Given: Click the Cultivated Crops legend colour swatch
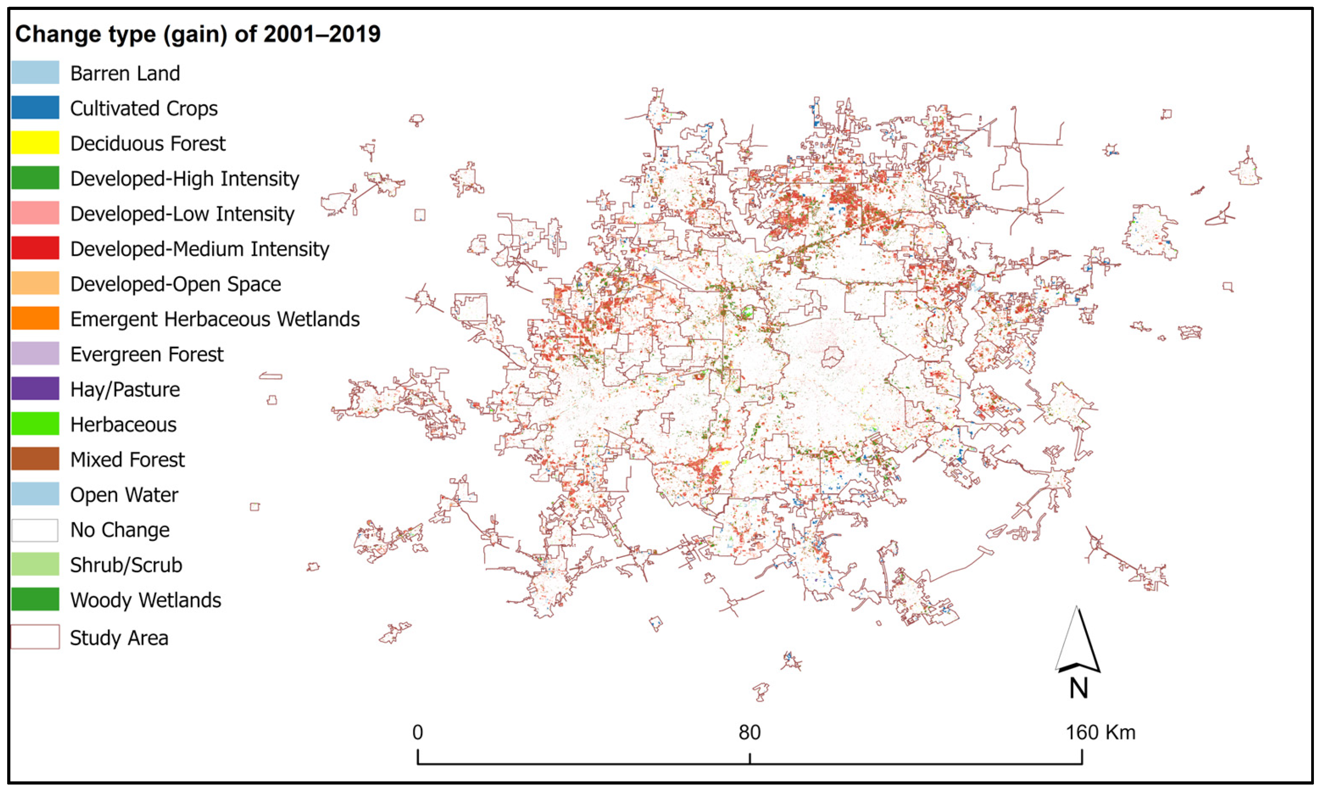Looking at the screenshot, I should click(x=35, y=108).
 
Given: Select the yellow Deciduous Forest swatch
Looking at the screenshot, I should click(x=35, y=143).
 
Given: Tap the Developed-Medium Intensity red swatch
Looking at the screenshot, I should click(x=35, y=248).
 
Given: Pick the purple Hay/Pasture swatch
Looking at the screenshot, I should click(x=35, y=388).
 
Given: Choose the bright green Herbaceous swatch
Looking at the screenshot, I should click(x=35, y=424).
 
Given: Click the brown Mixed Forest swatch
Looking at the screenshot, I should click(x=35, y=459).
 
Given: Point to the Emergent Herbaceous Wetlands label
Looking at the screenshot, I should click(x=214, y=319).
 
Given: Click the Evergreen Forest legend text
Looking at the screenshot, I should click(x=146, y=354).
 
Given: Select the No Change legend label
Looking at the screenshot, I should click(x=120, y=529).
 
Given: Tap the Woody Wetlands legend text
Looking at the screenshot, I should click(x=145, y=600).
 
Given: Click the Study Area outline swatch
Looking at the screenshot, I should click(x=35, y=637).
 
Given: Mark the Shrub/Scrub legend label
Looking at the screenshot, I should click(x=126, y=565).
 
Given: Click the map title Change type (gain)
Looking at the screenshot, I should click(x=197, y=34).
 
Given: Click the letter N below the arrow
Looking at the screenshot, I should click(x=1078, y=689).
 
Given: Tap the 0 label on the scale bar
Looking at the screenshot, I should click(x=418, y=732).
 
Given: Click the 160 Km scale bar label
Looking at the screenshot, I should click(x=1100, y=732).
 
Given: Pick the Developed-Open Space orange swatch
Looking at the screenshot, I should click(x=35, y=283).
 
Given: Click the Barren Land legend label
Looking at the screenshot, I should click(x=125, y=73).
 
